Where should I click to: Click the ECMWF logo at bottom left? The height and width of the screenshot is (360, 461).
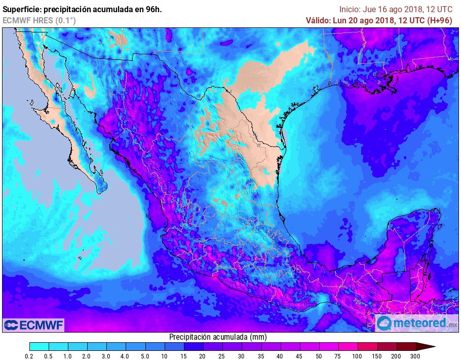[x=33, y=325]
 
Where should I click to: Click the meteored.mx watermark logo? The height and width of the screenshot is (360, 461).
[x=416, y=322]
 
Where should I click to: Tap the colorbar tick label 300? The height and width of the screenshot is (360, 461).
[x=416, y=356]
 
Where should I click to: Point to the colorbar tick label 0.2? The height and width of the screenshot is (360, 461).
[x=29, y=356]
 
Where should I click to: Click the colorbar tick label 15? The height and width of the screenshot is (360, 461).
[x=184, y=356]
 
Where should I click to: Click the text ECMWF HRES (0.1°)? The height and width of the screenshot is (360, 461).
[x=40, y=20]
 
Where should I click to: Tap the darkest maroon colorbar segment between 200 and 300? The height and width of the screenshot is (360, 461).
[x=406, y=347]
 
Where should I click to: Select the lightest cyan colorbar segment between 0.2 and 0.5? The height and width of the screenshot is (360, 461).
[x=39, y=347]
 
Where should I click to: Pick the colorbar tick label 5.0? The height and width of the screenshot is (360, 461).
[x=145, y=356]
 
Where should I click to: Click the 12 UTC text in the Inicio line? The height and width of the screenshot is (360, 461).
[x=438, y=9]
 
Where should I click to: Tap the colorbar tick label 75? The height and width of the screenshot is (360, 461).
[x=338, y=356]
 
